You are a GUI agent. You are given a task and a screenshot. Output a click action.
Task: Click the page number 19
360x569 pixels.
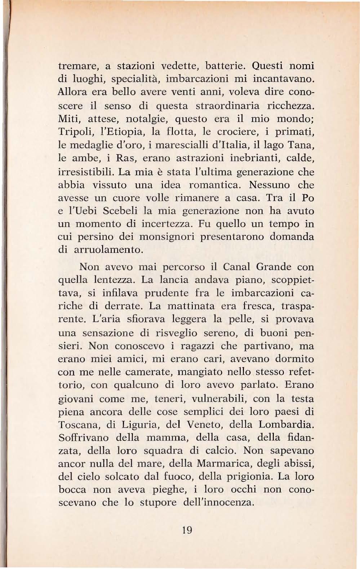click(187, 530)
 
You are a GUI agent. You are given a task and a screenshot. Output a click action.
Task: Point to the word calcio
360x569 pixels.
click(218, 451)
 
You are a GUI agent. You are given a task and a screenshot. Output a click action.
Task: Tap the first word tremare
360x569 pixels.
click(78, 67)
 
